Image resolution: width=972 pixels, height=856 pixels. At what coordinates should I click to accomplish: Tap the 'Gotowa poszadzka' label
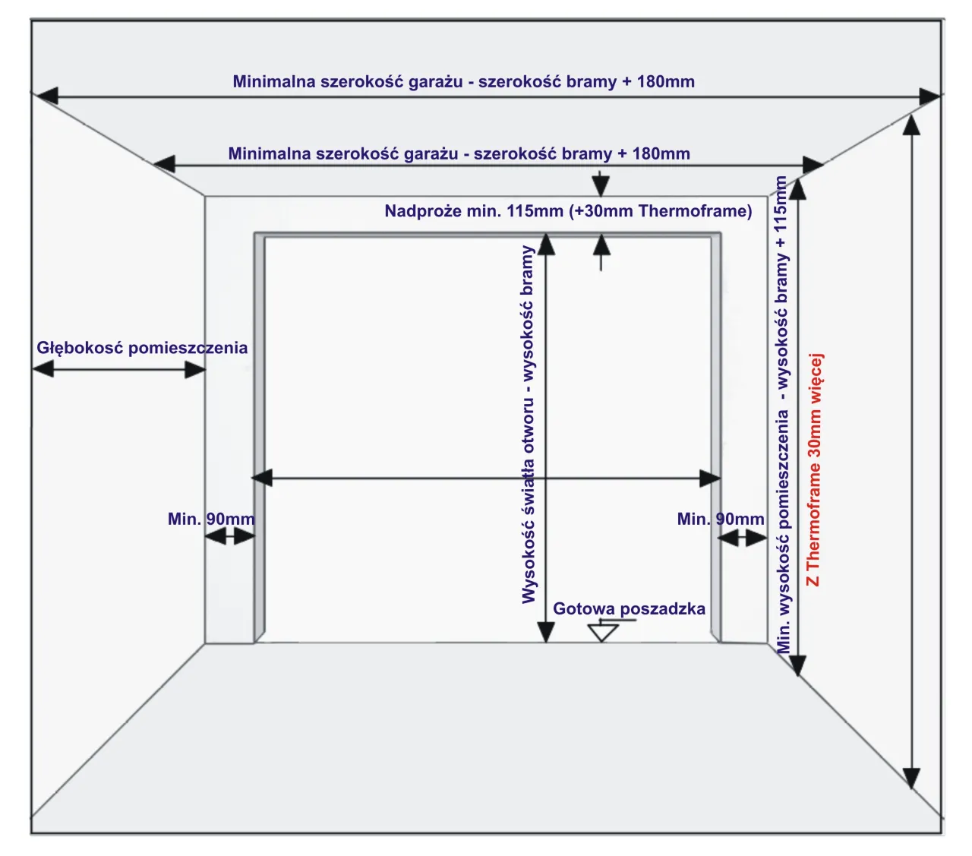629,608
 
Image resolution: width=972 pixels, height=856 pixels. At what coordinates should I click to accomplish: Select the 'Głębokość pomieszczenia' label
142,348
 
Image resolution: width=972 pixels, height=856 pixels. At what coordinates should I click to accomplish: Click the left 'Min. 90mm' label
211,520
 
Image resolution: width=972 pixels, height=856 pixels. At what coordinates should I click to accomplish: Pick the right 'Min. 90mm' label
721,520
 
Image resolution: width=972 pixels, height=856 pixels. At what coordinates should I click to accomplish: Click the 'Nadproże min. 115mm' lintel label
568,211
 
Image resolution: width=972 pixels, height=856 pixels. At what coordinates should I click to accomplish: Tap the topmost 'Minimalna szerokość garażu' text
463,82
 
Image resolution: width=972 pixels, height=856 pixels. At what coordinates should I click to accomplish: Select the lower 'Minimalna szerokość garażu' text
459,154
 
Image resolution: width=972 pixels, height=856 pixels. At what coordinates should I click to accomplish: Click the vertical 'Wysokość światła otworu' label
529,425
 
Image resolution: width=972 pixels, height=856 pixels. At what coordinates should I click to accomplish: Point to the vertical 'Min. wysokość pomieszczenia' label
782,414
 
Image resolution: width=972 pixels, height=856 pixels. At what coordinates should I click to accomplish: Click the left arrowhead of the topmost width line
44,96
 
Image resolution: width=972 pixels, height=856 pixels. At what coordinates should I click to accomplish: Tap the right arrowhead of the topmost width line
929,96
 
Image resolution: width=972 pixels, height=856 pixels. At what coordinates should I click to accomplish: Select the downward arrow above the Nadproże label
601,185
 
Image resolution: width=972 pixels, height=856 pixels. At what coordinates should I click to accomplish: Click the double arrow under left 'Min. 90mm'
229,536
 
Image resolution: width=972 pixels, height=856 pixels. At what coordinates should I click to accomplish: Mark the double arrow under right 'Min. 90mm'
743,538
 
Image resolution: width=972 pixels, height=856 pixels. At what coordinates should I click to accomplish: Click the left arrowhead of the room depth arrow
43,369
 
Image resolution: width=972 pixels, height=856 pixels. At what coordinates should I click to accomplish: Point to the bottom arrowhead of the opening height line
546,631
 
